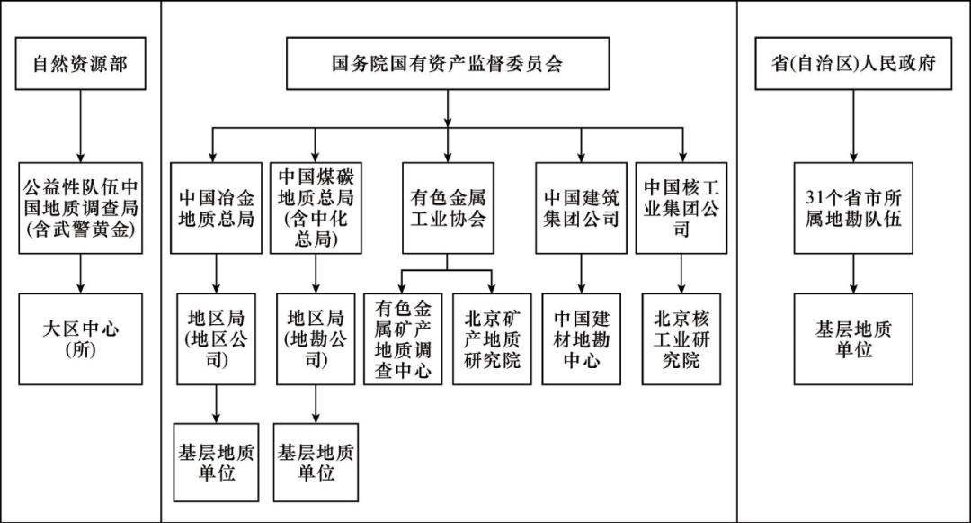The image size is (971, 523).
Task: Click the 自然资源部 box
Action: (x=80, y=64)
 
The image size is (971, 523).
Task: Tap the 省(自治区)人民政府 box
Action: (x=853, y=64)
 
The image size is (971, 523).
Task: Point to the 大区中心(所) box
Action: (x=80, y=338)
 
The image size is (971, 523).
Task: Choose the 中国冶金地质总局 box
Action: (x=216, y=207)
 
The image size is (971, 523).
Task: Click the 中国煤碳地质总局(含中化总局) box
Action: (x=315, y=207)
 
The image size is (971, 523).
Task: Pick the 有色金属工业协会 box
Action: (x=448, y=207)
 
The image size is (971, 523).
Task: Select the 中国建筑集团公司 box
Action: (x=581, y=207)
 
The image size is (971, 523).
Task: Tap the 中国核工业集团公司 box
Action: (x=681, y=207)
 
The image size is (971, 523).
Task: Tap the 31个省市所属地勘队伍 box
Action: (x=853, y=207)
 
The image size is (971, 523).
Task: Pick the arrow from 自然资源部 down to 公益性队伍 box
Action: (x=80, y=126)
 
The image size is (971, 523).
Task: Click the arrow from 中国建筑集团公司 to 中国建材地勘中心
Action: (x=581, y=273)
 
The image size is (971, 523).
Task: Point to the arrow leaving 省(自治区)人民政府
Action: (x=853, y=126)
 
